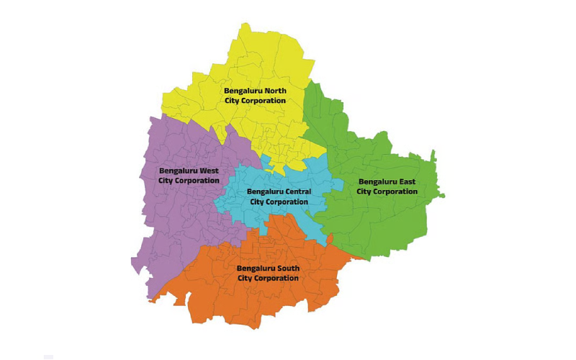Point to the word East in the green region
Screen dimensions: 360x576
pyautogui.click(x=406, y=181)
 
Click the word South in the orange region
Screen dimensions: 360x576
pyautogui.click(x=287, y=268)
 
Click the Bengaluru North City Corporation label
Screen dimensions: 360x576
pyautogui.click(x=255, y=96)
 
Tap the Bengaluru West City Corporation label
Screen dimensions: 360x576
pyautogui.click(x=189, y=176)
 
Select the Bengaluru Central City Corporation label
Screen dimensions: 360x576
pyautogui.click(x=279, y=197)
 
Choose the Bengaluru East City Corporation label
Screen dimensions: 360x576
pyautogui.click(x=387, y=186)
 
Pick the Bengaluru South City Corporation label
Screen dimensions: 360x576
pyautogui.click(x=268, y=273)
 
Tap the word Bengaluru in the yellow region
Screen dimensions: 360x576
pyautogui.click(x=244, y=91)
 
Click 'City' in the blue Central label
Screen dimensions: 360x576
pyautogui.click(x=258, y=202)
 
